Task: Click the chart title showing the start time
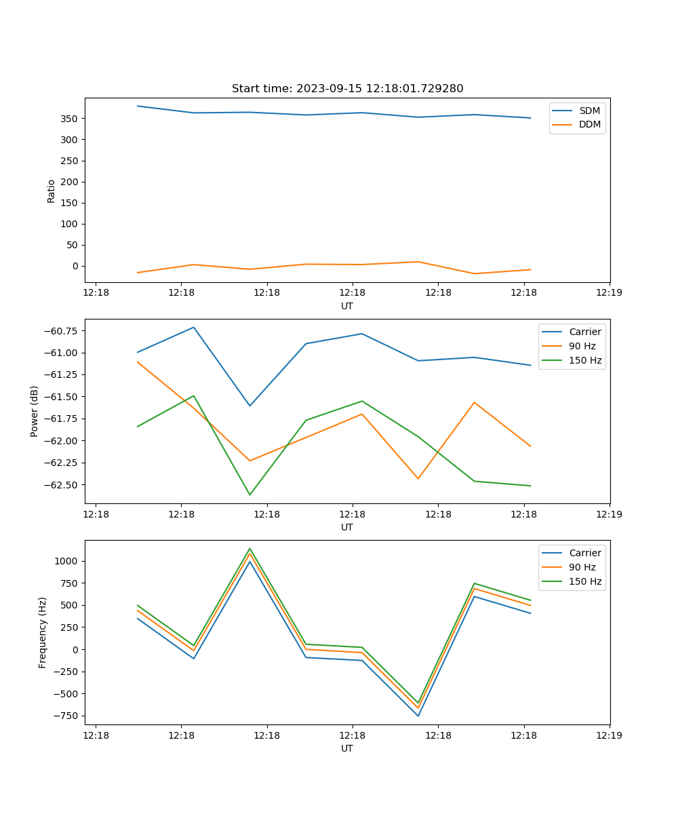tap(347, 89)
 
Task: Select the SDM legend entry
tap(589, 111)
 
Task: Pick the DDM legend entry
tap(589, 124)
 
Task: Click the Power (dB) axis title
tap(35, 411)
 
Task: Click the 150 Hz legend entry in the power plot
tap(585, 360)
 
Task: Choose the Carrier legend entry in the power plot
tap(584, 332)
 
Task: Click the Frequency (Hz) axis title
tap(43, 632)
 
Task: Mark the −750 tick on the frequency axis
tap(66, 716)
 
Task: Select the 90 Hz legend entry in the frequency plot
tap(582, 567)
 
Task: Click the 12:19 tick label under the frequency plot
tap(609, 735)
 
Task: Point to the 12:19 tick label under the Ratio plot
tap(609, 292)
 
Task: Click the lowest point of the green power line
tap(250, 495)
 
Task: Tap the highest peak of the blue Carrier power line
tap(194, 327)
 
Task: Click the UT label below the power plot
tap(347, 527)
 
